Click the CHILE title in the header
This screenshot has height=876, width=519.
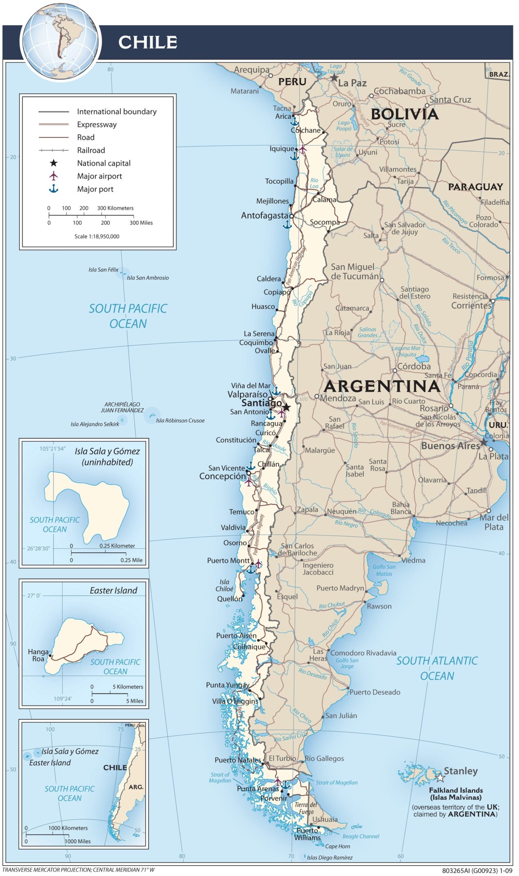pos(147,42)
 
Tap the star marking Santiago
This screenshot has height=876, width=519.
pos(286,407)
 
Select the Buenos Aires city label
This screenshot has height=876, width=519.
pos(450,446)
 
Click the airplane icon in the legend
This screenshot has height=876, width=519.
pos(53,176)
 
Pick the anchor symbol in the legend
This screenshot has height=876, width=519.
pos(53,189)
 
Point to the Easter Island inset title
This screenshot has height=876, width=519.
pos(113,591)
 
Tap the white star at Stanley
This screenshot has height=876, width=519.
pos(440,778)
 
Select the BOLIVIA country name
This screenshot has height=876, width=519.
pos(404,114)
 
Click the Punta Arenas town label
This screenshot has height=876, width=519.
pos(258,789)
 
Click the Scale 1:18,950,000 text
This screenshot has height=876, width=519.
pos(97,236)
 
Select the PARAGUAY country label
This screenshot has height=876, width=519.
pos(476,187)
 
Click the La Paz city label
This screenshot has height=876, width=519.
pos(352,83)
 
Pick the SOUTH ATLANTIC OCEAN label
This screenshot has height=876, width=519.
pos(437,668)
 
